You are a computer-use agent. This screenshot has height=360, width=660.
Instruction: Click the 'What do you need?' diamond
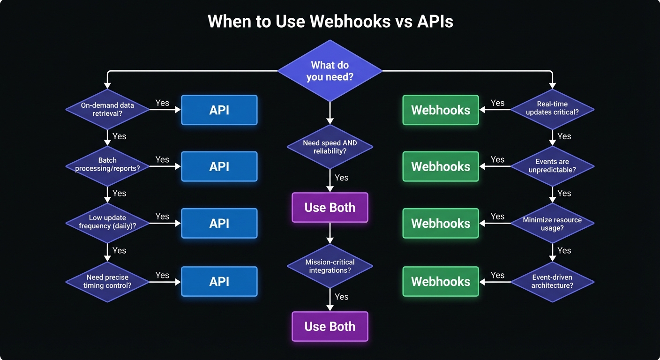(x=330, y=71)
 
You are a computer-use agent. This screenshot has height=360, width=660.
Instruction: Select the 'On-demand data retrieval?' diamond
(x=107, y=110)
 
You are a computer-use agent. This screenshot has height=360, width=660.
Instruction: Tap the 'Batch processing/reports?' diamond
(x=107, y=166)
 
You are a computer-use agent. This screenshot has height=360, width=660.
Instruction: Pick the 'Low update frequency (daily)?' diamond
(x=107, y=223)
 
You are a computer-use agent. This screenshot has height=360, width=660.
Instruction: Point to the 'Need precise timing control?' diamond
(x=107, y=282)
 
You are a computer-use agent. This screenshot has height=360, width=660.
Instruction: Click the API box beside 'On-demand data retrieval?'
(x=219, y=110)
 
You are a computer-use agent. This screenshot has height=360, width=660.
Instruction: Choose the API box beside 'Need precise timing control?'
(x=219, y=281)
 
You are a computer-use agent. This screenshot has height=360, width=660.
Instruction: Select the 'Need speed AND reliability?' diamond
(x=330, y=147)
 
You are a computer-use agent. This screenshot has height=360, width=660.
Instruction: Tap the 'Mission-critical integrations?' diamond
(x=330, y=266)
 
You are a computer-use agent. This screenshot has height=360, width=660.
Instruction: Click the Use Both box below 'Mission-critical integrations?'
(x=330, y=327)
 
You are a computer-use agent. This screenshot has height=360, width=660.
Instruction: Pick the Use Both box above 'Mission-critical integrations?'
(x=330, y=208)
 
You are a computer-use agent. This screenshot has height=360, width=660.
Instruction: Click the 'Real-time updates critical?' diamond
(x=552, y=110)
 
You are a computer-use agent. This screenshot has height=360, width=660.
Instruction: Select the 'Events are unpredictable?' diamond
(x=552, y=166)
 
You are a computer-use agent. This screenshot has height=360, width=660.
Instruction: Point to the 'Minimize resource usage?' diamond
(x=552, y=223)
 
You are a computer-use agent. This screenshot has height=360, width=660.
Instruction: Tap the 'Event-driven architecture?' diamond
(x=552, y=282)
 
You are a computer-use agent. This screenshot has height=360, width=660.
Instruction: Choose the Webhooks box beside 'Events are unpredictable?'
(x=441, y=166)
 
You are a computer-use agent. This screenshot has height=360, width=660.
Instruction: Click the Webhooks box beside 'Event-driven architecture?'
(x=441, y=281)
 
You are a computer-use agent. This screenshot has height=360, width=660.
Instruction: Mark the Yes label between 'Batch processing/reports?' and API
(x=162, y=159)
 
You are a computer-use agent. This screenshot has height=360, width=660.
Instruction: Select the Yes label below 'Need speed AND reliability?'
(x=342, y=178)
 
